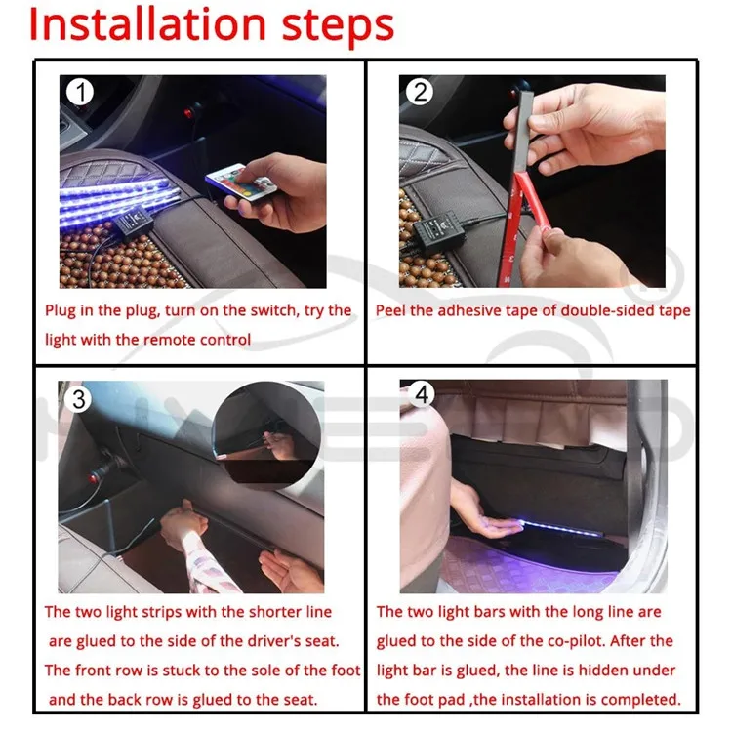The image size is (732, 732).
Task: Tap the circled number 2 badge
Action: [421, 93]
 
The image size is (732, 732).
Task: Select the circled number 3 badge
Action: [79, 400]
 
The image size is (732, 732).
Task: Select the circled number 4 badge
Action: [422, 394]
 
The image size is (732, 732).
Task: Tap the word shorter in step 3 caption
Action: [242, 612]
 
